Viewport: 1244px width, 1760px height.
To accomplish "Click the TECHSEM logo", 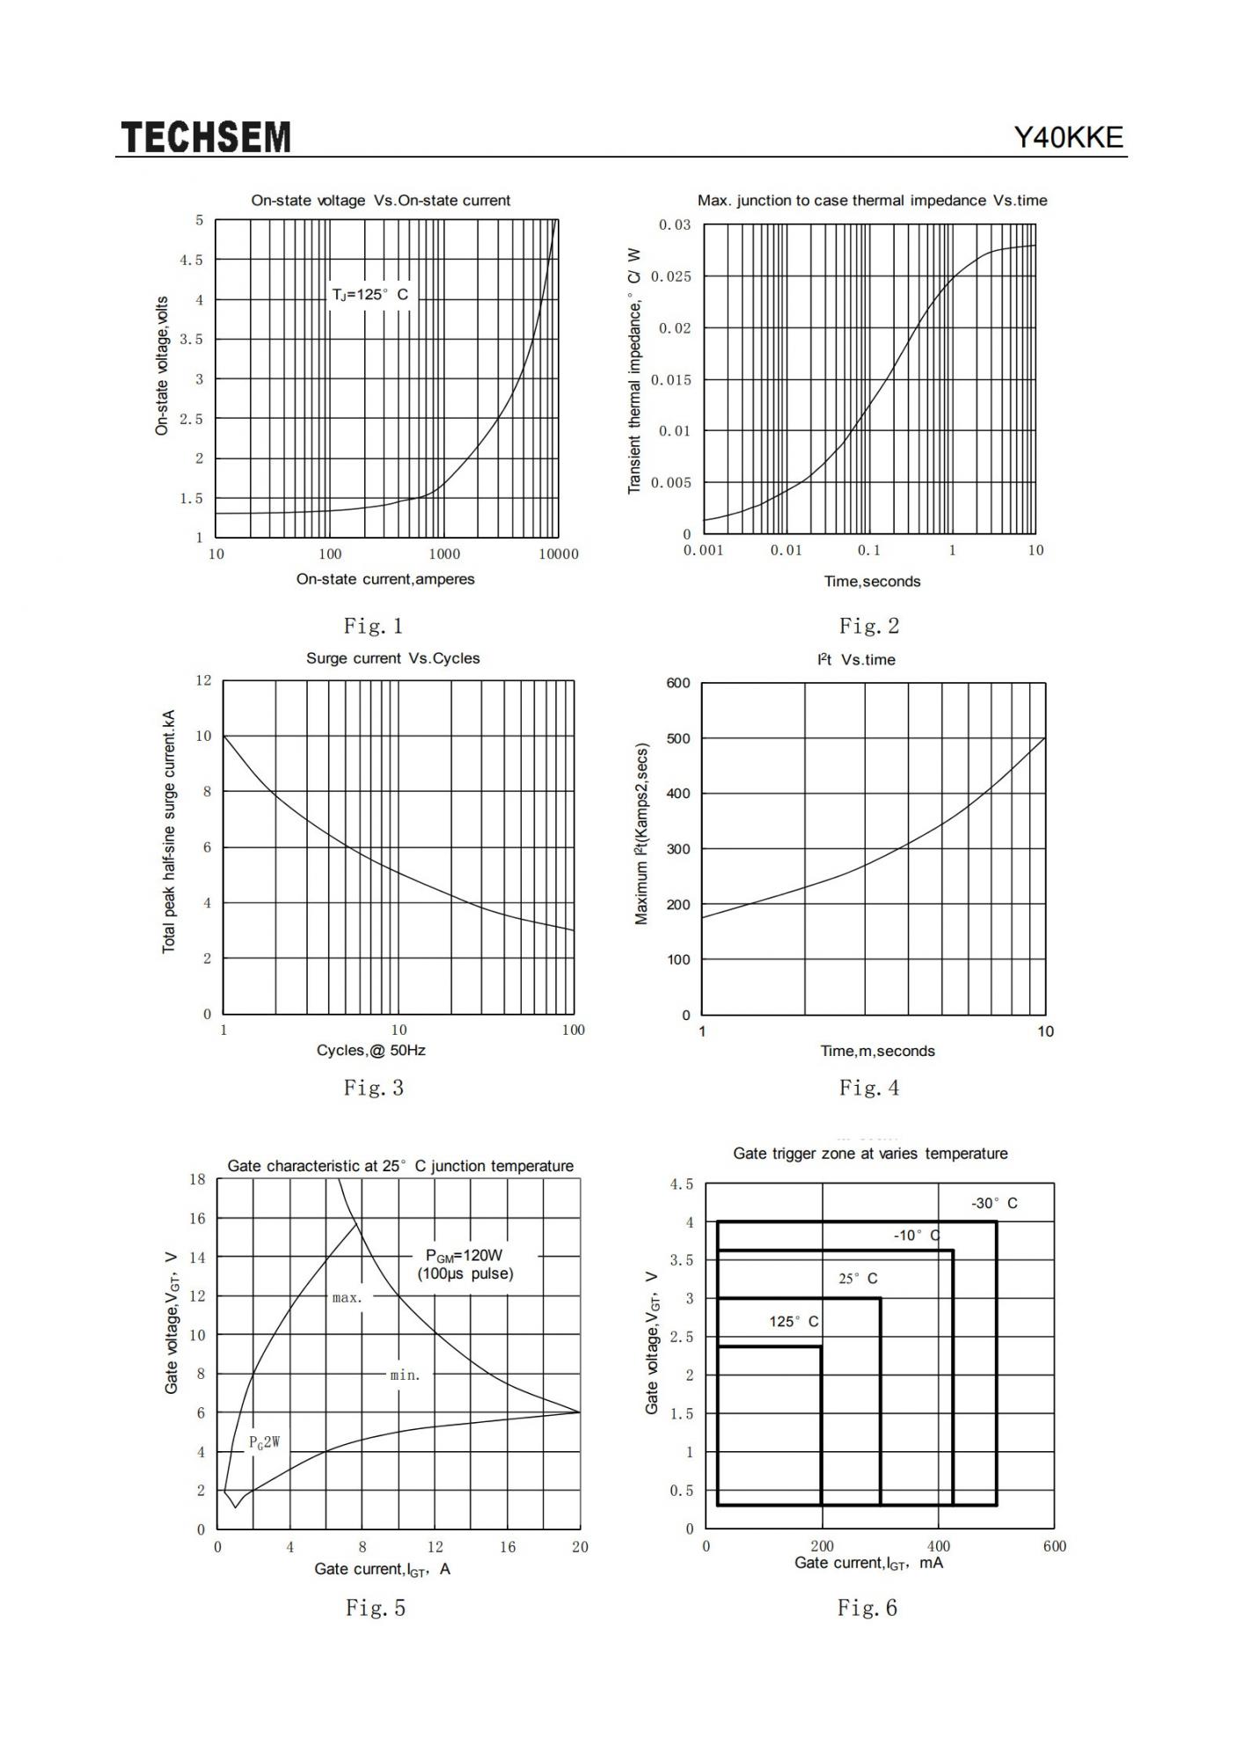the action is (206, 137).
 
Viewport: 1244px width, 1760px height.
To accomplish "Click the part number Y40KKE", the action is (1069, 137).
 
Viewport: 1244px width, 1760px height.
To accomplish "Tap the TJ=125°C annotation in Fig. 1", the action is (370, 294).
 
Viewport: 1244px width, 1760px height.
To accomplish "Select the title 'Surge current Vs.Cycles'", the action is (393, 658).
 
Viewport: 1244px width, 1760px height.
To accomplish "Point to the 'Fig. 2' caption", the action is (869, 626).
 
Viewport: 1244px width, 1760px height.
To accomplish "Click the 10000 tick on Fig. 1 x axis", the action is (559, 554).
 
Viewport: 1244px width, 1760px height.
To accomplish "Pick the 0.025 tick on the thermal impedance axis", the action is (671, 276).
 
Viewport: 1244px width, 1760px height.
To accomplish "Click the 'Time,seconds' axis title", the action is (872, 581).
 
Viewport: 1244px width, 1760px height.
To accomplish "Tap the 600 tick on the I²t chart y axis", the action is (678, 683).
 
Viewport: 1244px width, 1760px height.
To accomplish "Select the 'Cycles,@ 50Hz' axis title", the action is (371, 1050).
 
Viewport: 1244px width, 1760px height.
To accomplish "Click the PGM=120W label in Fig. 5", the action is (464, 1255).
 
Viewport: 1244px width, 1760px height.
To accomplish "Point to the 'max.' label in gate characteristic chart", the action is (348, 1297).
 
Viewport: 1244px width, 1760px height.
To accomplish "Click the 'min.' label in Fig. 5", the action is (406, 1375).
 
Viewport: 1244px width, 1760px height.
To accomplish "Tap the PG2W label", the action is (264, 1441).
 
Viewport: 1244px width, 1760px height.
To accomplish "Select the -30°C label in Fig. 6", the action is (994, 1203).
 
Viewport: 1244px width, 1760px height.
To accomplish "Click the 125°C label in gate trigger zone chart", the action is (794, 1321).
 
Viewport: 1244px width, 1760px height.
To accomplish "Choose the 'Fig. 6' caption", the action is (867, 1608).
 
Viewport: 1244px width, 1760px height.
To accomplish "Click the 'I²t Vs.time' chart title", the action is (856, 659).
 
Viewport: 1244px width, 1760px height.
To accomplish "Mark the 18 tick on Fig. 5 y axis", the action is (197, 1179).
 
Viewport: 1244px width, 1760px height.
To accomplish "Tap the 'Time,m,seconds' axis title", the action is (878, 1051).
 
